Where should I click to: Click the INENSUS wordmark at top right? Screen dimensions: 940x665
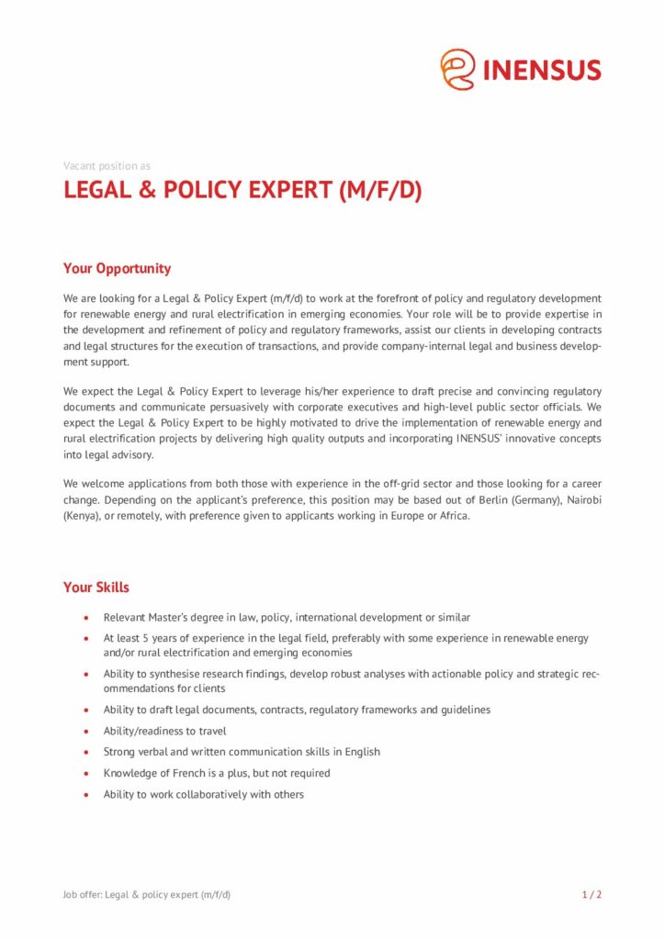point(542,70)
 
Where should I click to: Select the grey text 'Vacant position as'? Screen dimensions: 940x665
point(107,166)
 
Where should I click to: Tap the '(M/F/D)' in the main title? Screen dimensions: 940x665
point(380,191)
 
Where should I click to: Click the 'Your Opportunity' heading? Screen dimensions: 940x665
point(117,268)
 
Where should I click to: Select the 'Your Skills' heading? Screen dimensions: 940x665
point(96,587)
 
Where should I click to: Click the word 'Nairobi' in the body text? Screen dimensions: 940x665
point(580,500)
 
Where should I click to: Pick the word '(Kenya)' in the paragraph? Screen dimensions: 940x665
point(82,515)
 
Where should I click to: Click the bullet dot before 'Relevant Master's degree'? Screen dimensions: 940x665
point(85,618)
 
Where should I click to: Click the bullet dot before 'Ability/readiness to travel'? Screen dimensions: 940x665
point(85,732)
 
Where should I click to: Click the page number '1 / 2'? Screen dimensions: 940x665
point(592,894)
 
